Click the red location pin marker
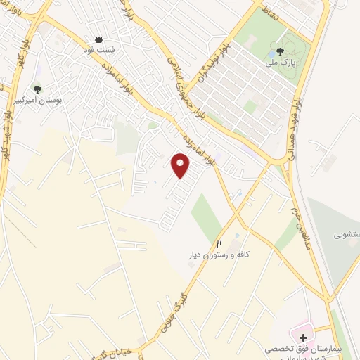(x=181, y=166)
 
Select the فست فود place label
(x=98, y=51)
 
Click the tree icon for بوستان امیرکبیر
(x=37, y=89)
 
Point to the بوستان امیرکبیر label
(x=38, y=101)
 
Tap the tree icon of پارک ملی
(x=281, y=51)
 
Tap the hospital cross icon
(x=304, y=338)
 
